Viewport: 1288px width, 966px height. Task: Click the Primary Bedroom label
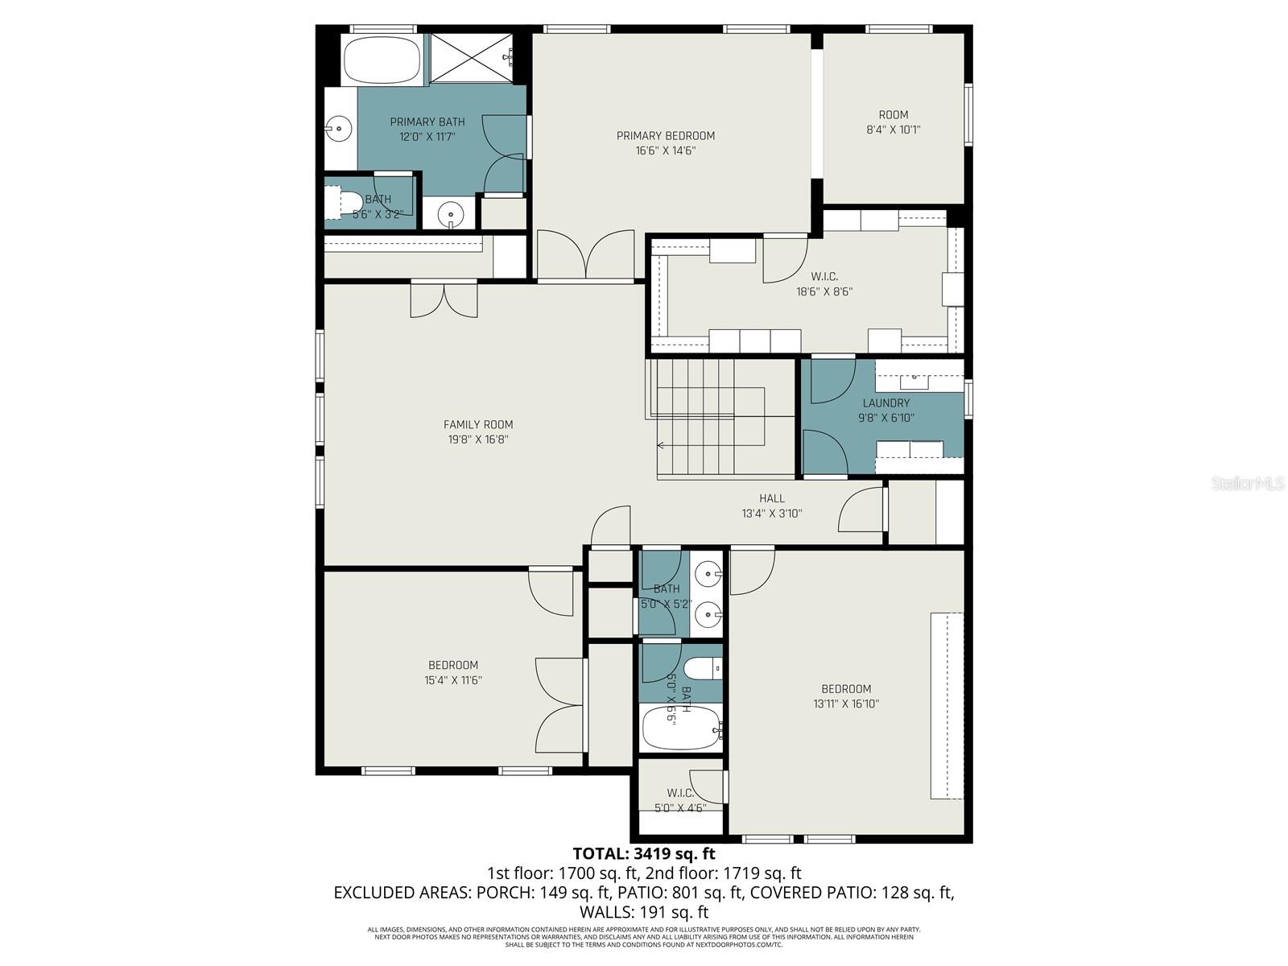click(665, 136)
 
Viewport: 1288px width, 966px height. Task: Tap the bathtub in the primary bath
click(382, 60)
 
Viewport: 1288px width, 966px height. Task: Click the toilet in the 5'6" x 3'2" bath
click(347, 201)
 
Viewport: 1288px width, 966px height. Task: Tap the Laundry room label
click(885, 403)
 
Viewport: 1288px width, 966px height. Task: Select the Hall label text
click(771, 498)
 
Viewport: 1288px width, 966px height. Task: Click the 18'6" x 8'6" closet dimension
click(824, 291)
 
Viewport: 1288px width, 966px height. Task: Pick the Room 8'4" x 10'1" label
click(893, 122)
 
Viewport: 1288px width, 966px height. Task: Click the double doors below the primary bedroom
click(586, 255)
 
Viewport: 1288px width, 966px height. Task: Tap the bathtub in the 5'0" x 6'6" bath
click(681, 729)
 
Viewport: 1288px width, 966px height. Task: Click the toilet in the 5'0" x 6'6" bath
click(699, 669)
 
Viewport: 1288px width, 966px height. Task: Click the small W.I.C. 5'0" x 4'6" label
click(680, 800)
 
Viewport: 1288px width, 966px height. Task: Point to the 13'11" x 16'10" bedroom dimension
click(846, 704)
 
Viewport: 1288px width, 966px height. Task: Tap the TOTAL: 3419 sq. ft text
click(643, 853)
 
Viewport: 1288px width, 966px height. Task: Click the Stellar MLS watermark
click(1247, 484)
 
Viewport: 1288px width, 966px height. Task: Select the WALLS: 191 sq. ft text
click(643, 912)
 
